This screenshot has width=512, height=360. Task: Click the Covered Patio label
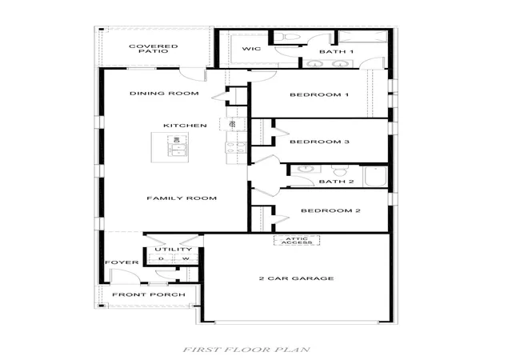pos(154,49)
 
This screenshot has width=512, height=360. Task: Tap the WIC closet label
pos(251,49)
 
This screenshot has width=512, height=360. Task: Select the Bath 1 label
pos(336,52)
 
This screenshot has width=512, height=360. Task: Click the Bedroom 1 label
pos(319,95)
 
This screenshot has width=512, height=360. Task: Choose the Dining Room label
pos(164,94)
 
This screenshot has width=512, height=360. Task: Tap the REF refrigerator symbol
pos(233,125)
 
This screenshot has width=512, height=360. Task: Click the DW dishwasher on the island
pos(176,139)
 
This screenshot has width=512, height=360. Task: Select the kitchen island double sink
pos(177,150)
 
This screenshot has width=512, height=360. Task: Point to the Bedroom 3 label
pos(320,142)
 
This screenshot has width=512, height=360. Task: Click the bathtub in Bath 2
pos(375,177)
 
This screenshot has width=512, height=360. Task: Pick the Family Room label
pos(182,198)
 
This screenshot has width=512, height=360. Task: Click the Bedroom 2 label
pos(330,210)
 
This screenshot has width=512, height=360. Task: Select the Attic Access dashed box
pos(297,241)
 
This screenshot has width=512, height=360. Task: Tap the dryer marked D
pos(161,258)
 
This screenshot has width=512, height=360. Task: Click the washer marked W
pos(186,258)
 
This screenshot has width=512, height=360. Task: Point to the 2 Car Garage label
pos(297,278)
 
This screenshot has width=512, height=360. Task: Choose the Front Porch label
pos(149,294)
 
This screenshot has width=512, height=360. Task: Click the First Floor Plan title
pos(246,350)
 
